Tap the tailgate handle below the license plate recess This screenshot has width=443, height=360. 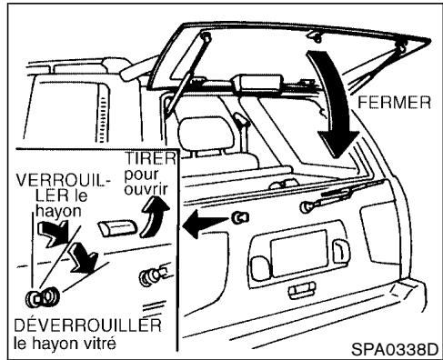coord(300,291)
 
